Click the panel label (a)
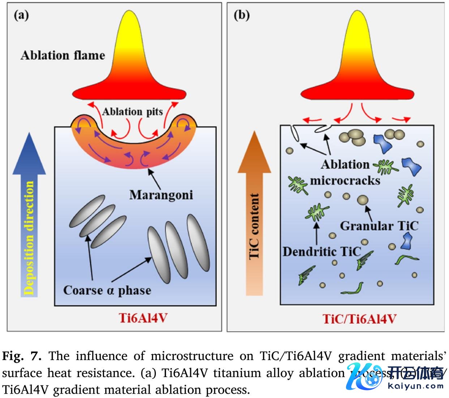pos(21,16)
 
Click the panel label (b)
pos(241,16)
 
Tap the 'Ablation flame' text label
pos(63,55)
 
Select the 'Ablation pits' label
pos(132,112)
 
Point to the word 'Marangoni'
pos(161,195)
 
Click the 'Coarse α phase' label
pos(107,290)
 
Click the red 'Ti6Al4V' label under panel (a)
pos(143,318)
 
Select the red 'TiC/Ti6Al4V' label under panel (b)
pos(359,319)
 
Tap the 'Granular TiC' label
pos(379,226)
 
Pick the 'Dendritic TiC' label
pos(322,251)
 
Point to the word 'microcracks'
pos(345,180)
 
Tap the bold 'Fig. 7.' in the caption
pos(22,356)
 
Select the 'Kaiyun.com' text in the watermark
pos(416,386)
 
